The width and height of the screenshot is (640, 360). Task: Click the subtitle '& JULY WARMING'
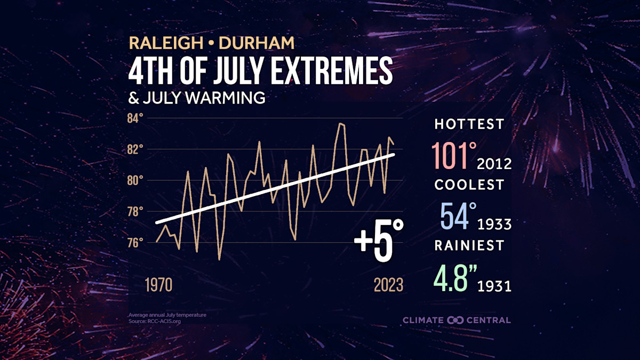click(196, 98)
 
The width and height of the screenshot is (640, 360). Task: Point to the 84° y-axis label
click(135, 118)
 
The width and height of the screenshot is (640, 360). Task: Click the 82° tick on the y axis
click(135, 149)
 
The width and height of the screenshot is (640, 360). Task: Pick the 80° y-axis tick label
click(135, 180)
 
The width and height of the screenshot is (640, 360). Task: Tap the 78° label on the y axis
click(135, 211)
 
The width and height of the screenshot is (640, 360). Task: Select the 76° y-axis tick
click(135, 242)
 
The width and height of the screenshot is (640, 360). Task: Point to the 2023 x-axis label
click(388, 285)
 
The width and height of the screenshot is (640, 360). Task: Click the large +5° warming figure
click(379, 243)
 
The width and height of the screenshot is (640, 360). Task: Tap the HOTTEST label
click(469, 124)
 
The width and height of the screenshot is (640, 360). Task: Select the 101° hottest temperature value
click(455, 155)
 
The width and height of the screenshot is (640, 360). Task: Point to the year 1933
click(495, 224)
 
